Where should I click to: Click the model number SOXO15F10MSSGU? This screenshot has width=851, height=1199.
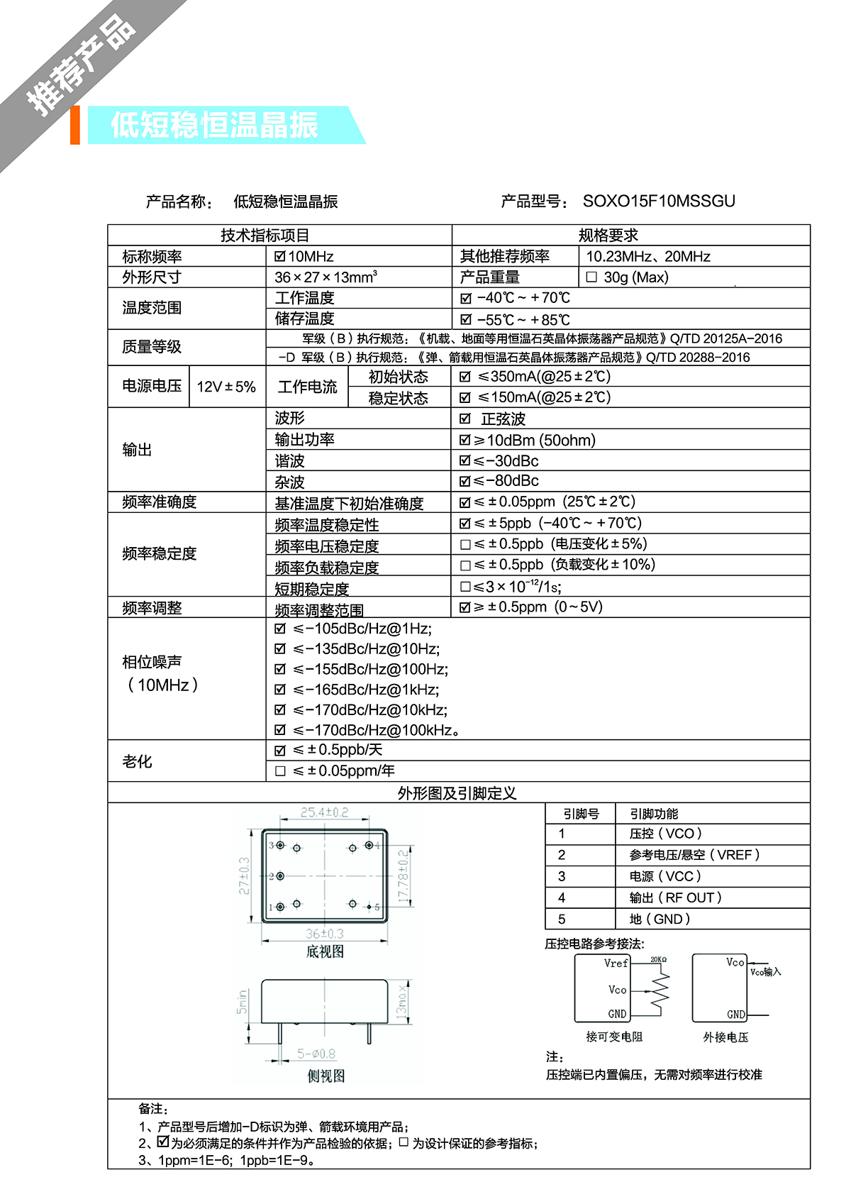click(659, 201)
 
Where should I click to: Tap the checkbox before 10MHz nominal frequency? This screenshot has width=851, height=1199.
click(280, 256)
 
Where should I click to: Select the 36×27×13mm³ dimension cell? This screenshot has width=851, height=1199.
click(326, 277)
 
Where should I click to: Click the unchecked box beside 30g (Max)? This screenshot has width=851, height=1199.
click(591, 277)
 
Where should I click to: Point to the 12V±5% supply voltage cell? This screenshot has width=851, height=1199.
click(226, 387)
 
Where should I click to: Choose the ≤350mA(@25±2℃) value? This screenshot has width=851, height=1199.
click(544, 377)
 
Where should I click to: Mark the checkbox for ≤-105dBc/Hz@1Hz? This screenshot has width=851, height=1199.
click(280, 629)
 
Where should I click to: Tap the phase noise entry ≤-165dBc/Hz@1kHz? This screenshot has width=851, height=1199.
click(366, 690)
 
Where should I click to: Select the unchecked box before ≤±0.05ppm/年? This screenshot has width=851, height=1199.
click(280, 771)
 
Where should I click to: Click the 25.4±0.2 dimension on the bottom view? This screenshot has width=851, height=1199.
click(324, 812)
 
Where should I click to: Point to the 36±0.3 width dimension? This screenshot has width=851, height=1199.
click(325, 934)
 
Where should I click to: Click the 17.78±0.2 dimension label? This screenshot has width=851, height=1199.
click(403, 877)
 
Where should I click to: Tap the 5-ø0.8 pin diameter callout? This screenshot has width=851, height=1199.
click(316, 1054)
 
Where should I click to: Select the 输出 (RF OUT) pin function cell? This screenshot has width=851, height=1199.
click(676, 898)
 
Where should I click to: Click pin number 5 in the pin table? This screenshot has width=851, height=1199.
click(562, 919)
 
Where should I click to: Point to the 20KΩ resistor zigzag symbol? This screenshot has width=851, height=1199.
click(660, 990)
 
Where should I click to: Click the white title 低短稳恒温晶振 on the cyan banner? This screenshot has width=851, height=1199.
click(214, 126)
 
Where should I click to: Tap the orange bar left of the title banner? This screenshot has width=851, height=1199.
click(75, 126)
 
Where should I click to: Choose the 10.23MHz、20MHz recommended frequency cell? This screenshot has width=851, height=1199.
click(648, 257)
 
